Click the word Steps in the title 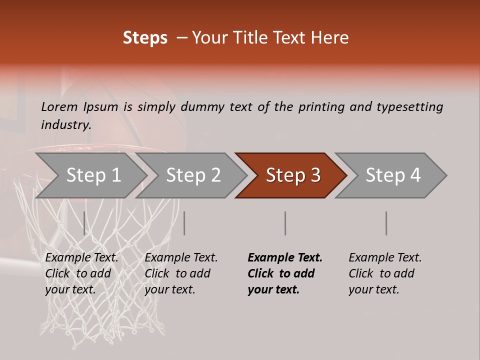(145, 38)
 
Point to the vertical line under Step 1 (84, 223)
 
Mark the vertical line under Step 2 (184, 223)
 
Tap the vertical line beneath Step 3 (285, 223)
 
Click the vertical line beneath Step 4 (386, 223)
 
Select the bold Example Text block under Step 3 (285, 273)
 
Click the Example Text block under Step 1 (81, 273)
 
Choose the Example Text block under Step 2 (181, 273)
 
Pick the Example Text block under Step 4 (385, 273)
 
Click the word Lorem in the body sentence (59, 107)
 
